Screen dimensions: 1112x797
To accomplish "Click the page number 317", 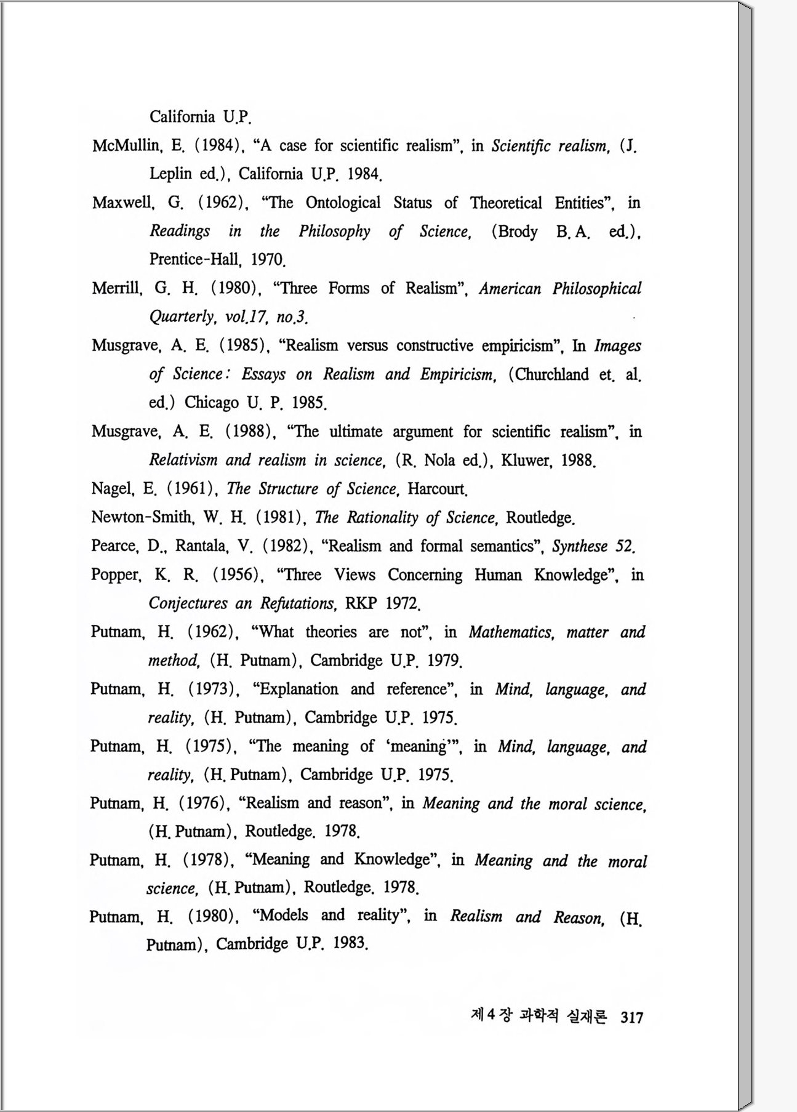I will (x=631, y=1017).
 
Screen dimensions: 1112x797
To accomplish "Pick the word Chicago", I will (x=211, y=403).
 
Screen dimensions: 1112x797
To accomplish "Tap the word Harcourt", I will (x=438, y=489).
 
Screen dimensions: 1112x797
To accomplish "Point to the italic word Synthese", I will (x=580, y=546).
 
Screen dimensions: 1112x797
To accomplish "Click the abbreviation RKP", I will (x=361, y=603).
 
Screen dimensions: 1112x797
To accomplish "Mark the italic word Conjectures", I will (x=188, y=603).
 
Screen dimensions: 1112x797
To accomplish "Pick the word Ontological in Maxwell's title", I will (x=343, y=203).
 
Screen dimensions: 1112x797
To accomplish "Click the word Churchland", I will (x=551, y=374).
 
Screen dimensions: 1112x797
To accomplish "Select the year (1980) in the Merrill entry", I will (x=233, y=288).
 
